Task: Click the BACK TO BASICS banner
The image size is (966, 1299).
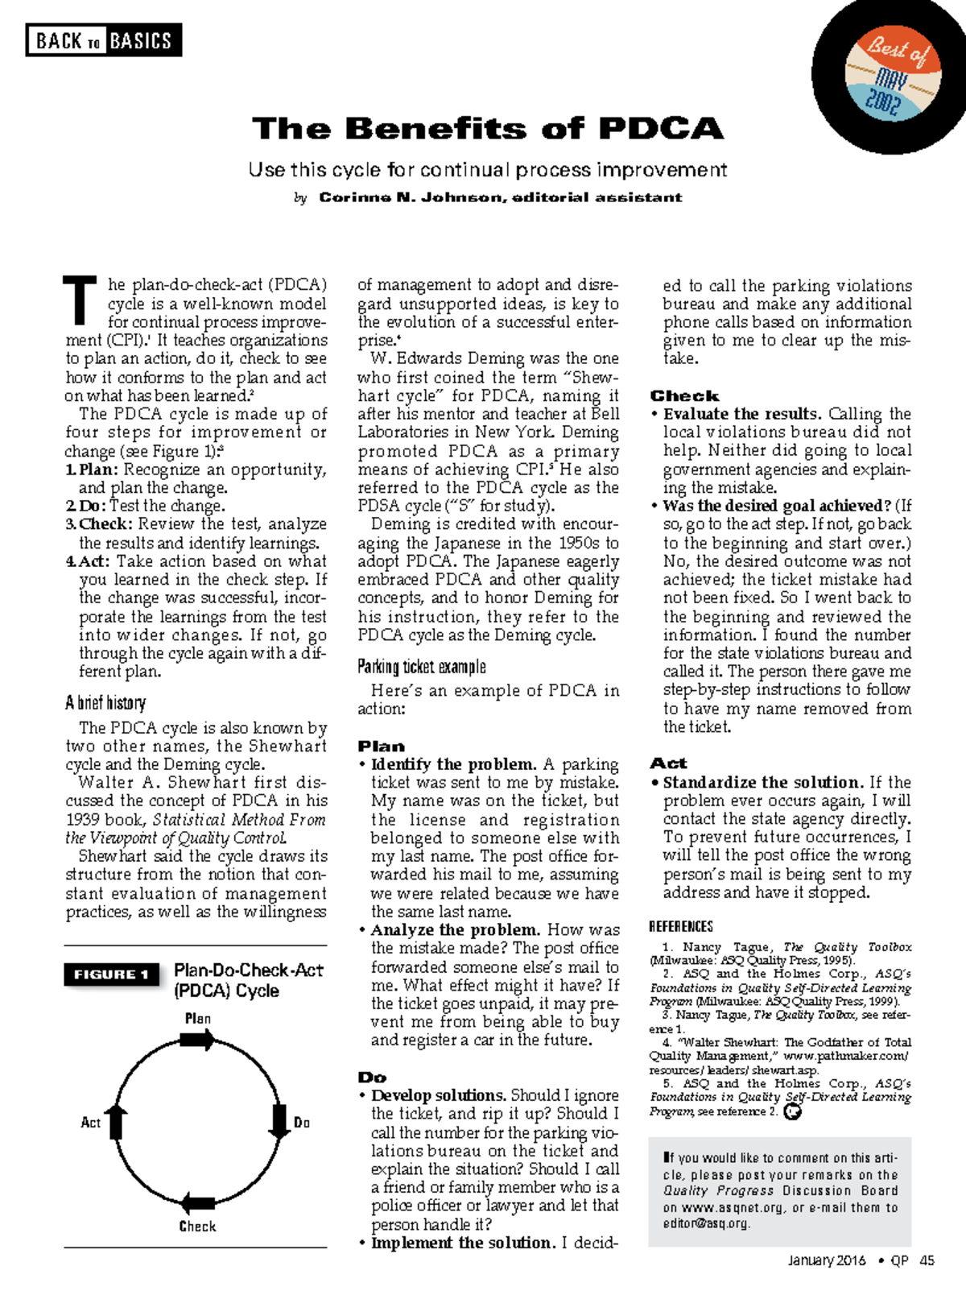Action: (103, 40)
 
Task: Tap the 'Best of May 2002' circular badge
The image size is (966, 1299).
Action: (891, 77)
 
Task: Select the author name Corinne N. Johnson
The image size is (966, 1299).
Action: (411, 197)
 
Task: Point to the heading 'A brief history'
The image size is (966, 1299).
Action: (105, 703)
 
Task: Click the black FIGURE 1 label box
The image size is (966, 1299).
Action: (111, 974)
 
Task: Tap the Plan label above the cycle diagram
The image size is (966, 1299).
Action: (197, 1019)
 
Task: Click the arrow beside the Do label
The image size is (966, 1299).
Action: (279, 1122)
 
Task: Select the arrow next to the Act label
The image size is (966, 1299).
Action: (117, 1121)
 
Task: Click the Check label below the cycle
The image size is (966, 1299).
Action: (197, 1227)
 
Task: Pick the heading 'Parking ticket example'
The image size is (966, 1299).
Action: (422, 667)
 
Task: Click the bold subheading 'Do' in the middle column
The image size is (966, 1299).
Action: (372, 1078)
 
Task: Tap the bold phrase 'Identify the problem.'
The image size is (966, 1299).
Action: (453, 764)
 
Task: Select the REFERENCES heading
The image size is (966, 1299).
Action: (681, 927)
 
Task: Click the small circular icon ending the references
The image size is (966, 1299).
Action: (793, 1112)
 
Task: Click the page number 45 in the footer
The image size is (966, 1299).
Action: (927, 1261)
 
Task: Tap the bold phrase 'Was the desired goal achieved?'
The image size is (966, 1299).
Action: (777, 507)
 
